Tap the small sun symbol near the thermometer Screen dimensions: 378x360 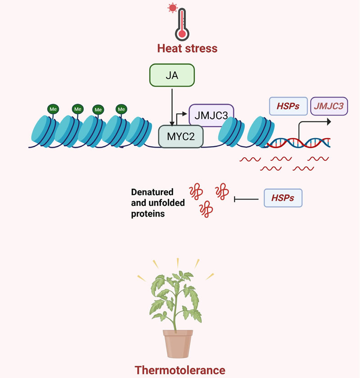click(171, 7)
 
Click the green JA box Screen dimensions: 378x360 click(171, 75)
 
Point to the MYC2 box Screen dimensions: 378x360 click(181, 136)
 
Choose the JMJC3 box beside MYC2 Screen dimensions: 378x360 click(211, 114)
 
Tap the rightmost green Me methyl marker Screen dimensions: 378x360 click(121, 108)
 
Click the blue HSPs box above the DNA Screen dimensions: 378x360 click(288, 106)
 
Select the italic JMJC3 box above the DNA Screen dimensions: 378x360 click(329, 106)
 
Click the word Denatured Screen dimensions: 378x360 click(152, 192)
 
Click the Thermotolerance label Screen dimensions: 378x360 click(180, 370)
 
